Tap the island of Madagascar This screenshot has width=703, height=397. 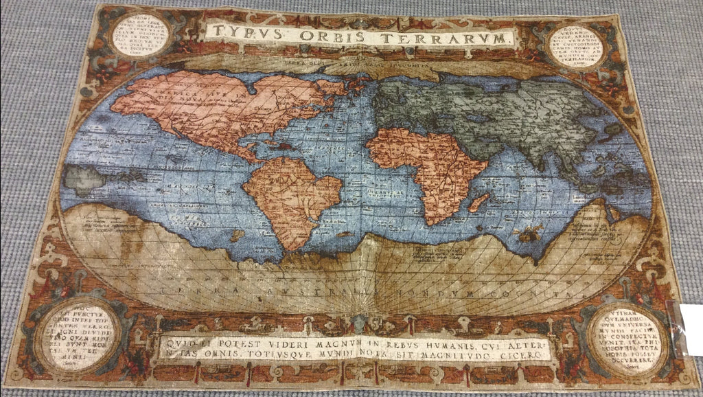tap(479, 202)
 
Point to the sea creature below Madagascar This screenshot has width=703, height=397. tap(528, 235)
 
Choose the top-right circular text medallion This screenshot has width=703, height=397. tap(575, 45)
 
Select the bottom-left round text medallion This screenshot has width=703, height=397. tap(76, 334)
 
